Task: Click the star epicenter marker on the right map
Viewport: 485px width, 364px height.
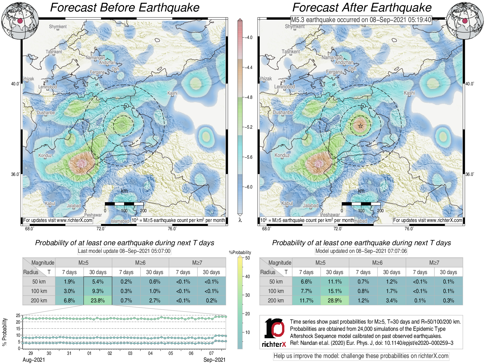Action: (360, 126)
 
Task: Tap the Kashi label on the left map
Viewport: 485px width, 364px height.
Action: (172, 93)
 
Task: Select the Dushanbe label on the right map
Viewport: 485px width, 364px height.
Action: (283, 113)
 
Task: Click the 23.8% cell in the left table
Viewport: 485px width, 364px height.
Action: (98, 300)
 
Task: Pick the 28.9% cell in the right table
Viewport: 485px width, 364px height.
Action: (335, 300)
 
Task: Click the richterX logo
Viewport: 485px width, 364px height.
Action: (274, 332)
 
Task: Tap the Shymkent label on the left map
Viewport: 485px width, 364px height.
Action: (58, 27)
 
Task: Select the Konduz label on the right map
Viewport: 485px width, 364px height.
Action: (282, 155)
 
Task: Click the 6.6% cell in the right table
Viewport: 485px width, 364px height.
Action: (306, 282)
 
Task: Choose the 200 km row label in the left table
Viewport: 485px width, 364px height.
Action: (39, 300)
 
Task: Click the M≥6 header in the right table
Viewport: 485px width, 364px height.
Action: (377, 263)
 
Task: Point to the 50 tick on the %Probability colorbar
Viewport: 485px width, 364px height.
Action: (247, 258)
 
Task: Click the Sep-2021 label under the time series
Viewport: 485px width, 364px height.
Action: (214, 360)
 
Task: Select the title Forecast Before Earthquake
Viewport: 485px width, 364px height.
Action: (125, 7)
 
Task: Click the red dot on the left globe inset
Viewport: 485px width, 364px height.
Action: (20, 21)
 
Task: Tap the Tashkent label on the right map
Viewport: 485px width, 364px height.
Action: (291, 52)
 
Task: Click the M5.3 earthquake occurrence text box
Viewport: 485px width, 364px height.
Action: (361, 20)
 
